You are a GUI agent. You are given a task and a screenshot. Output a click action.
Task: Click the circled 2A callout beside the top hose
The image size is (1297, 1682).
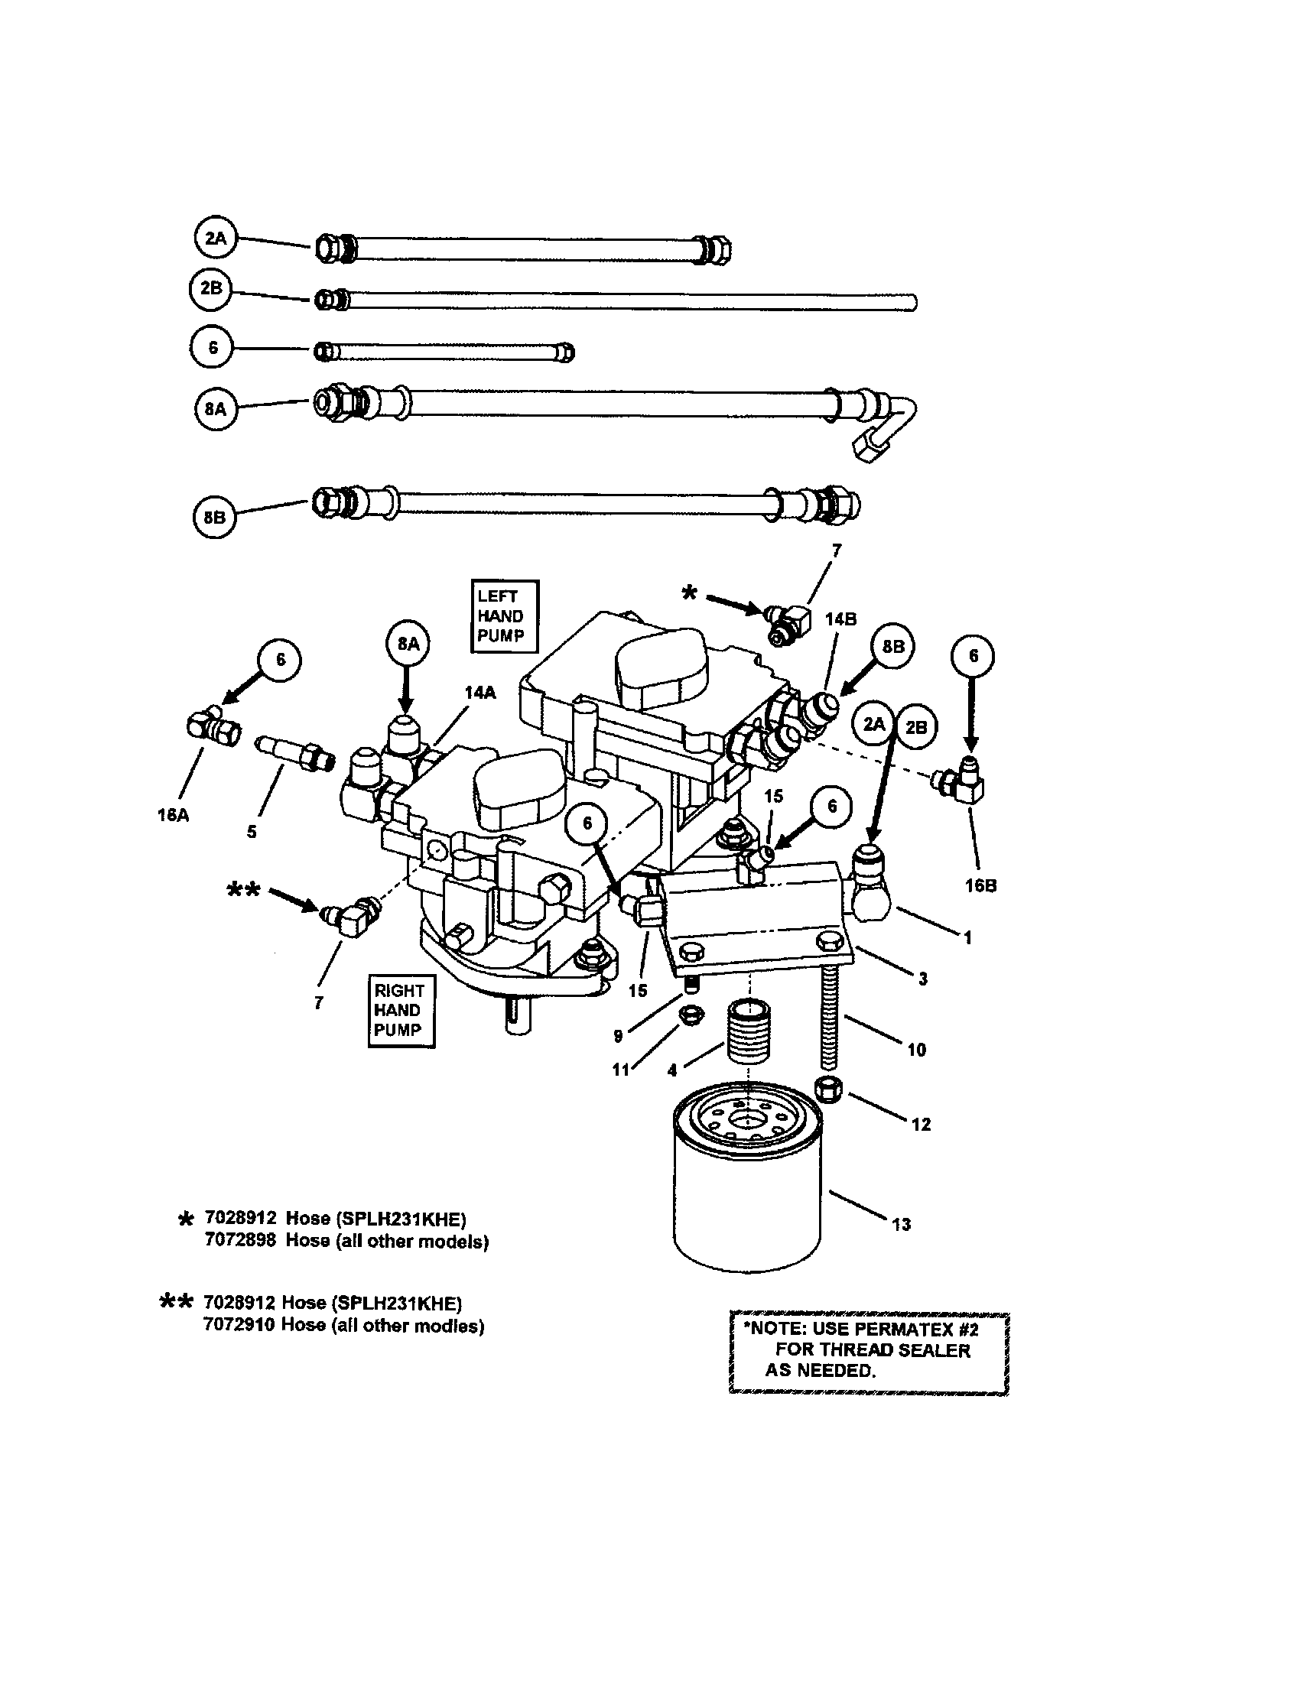pyautogui.click(x=215, y=239)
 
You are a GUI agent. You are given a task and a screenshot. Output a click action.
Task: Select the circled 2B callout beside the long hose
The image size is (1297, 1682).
pyautogui.click(x=211, y=289)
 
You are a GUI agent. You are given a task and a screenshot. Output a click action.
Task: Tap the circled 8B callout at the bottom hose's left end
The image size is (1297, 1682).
pyautogui.click(x=214, y=518)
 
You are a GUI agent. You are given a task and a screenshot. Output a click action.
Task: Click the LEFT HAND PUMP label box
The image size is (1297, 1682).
pyautogui.click(x=505, y=616)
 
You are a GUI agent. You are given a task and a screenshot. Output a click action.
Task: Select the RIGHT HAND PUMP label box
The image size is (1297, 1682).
pyautogui.click(x=401, y=1011)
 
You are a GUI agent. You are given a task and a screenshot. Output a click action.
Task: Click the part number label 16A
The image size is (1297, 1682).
pyautogui.click(x=173, y=815)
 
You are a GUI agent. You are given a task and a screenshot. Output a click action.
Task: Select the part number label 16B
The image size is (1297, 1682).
pyautogui.click(x=980, y=885)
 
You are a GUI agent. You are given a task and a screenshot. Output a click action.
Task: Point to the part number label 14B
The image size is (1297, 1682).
pyautogui.click(x=840, y=619)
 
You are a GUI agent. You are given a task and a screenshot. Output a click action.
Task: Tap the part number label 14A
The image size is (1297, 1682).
pyautogui.click(x=479, y=693)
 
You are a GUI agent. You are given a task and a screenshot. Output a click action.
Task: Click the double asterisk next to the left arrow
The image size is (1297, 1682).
pyautogui.click(x=244, y=890)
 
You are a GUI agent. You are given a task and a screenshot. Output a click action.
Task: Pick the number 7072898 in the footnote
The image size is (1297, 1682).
pyautogui.click(x=239, y=1241)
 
